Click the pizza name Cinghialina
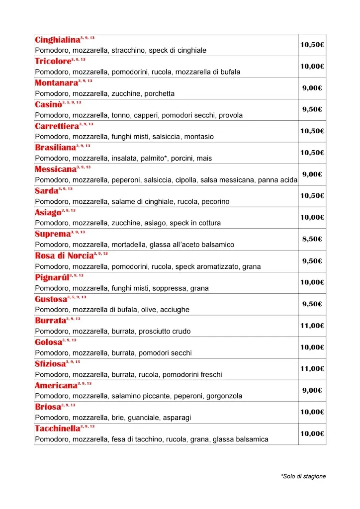(x=57, y=40)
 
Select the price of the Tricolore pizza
(x=312, y=66)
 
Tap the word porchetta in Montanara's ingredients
(x=159, y=93)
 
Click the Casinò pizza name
(x=48, y=105)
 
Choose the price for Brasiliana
(x=312, y=153)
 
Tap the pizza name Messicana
(x=56, y=170)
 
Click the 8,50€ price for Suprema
(x=312, y=239)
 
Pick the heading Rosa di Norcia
(x=64, y=256)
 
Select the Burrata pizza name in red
(x=50, y=321)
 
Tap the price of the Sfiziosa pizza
(x=312, y=369)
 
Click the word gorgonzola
(x=224, y=396)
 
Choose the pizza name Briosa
(x=48, y=408)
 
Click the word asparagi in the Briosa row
(x=177, y=418)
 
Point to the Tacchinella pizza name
(x=58, y=429)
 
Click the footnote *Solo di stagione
(x=303, y=476)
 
